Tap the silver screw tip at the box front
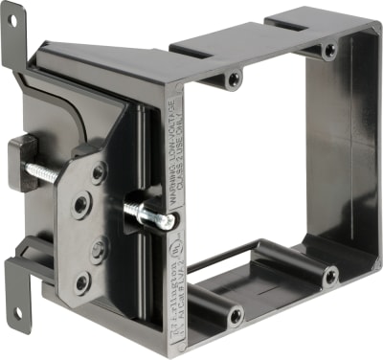pyautogui.click(x=168, y=222)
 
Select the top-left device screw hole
pyautogui.click(x=236, y=79)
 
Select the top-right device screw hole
pyautogui.click(x=329, y=49)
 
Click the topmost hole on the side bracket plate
pyautogui.click(x=100, y=173)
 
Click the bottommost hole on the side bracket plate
pyautogui.click(x=82, y=281)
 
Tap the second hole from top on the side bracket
pyautogui.click(x=82, y=203)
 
